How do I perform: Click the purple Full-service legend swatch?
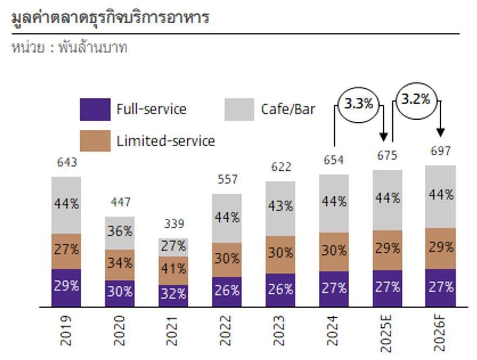(95, 109)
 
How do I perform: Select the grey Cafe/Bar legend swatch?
(239, 109)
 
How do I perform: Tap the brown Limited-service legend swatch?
(95, 141)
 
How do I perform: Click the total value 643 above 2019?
(67, 162)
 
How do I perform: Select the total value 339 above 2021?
(174, 224)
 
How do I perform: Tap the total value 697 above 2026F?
(441, 152)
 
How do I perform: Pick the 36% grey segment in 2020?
(120, 232)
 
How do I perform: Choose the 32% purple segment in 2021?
(174, 294)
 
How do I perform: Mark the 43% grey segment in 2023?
(280, 207)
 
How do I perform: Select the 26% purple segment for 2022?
(227, 291)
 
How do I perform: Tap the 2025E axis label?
(387, 331)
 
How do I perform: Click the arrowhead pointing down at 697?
(441, 132)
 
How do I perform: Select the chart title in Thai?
(110, 18)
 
